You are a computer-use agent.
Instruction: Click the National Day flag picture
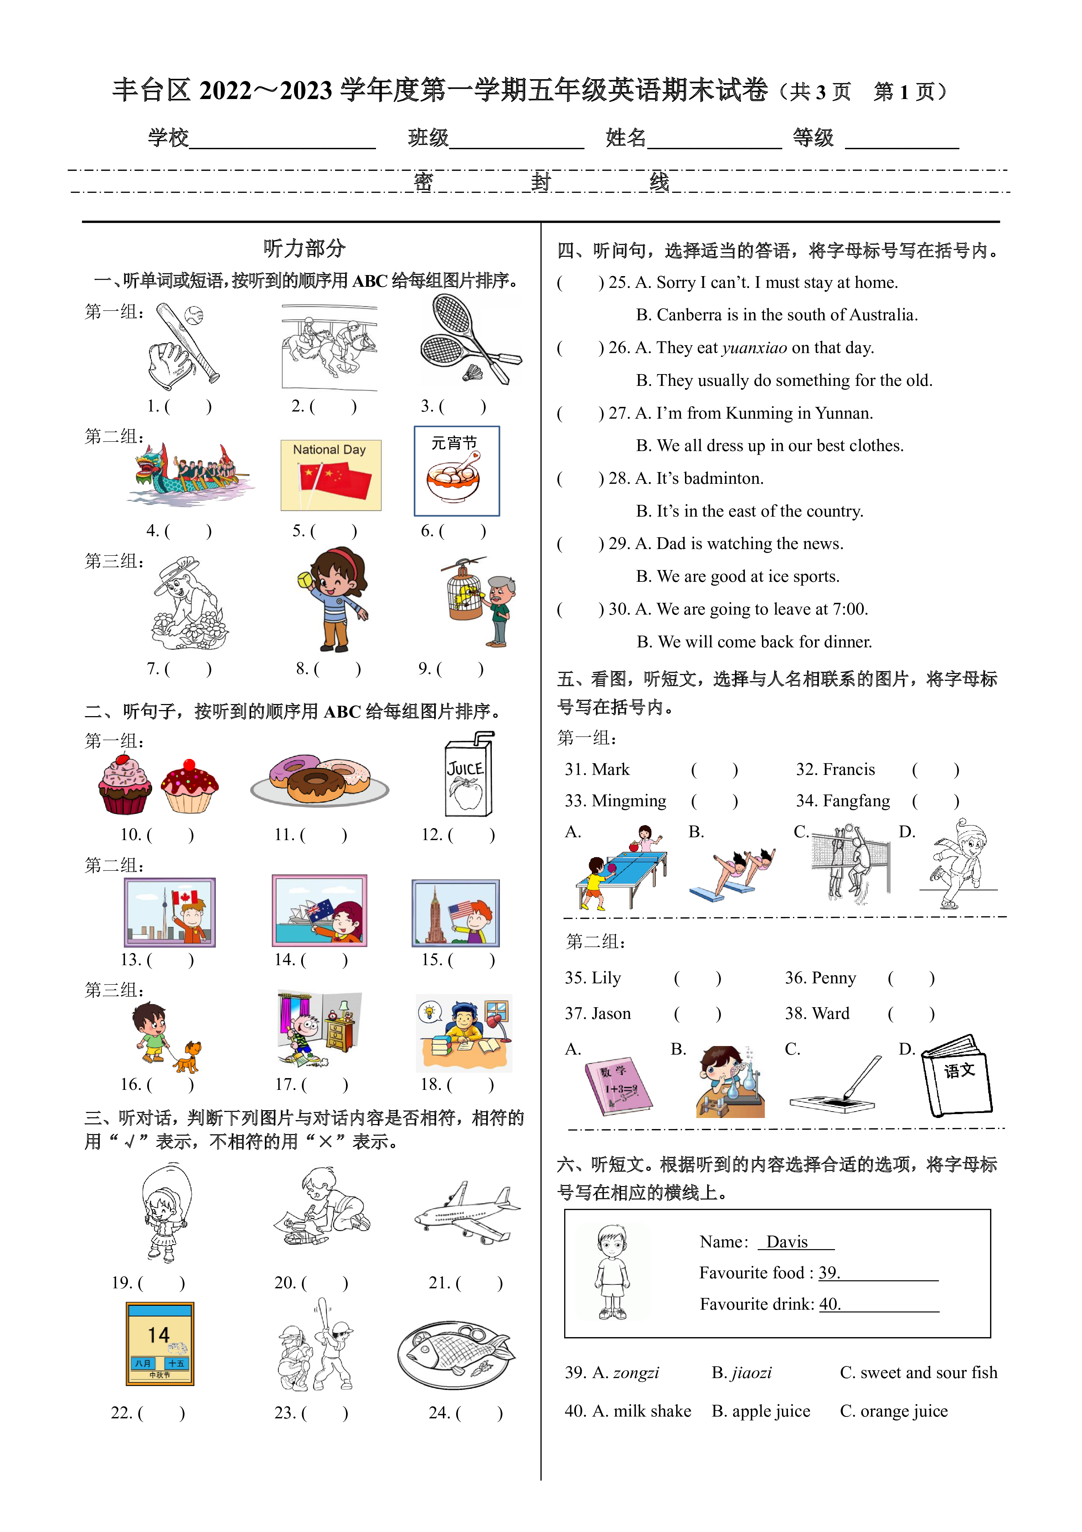[331, 475]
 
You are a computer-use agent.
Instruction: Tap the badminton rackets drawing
[470, 340]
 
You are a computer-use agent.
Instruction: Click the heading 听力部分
[304, 248]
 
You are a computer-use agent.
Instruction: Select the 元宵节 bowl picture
[457, 471]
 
